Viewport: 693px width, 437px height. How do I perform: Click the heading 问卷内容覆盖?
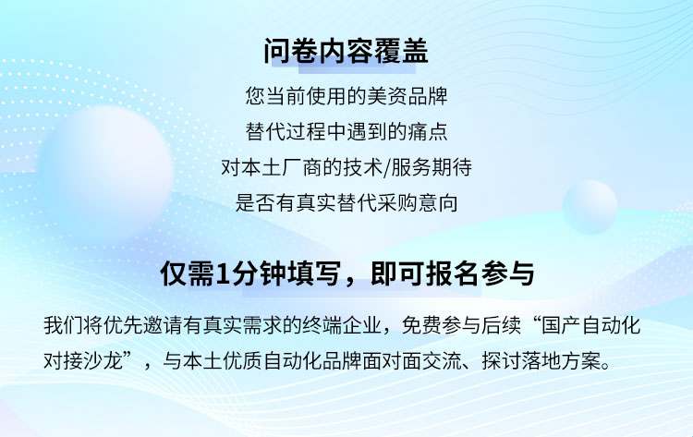click(346, 51)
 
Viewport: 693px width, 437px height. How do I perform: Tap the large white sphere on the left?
click(106, 170)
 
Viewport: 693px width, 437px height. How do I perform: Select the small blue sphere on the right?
click(590, 207)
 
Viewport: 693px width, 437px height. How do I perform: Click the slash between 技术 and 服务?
click(387, 167)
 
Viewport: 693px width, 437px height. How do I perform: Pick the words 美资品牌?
click(407, 96)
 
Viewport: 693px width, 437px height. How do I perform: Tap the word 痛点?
click(428, 132)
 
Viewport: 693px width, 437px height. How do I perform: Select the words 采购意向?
click(417, 203)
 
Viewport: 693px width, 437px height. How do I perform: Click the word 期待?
click(452, 167)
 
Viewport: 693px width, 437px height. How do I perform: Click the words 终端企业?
click(342, 325)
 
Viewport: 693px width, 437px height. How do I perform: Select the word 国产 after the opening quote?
click(562, 325)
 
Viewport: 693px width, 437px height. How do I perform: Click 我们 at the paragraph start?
click(63, 325)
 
